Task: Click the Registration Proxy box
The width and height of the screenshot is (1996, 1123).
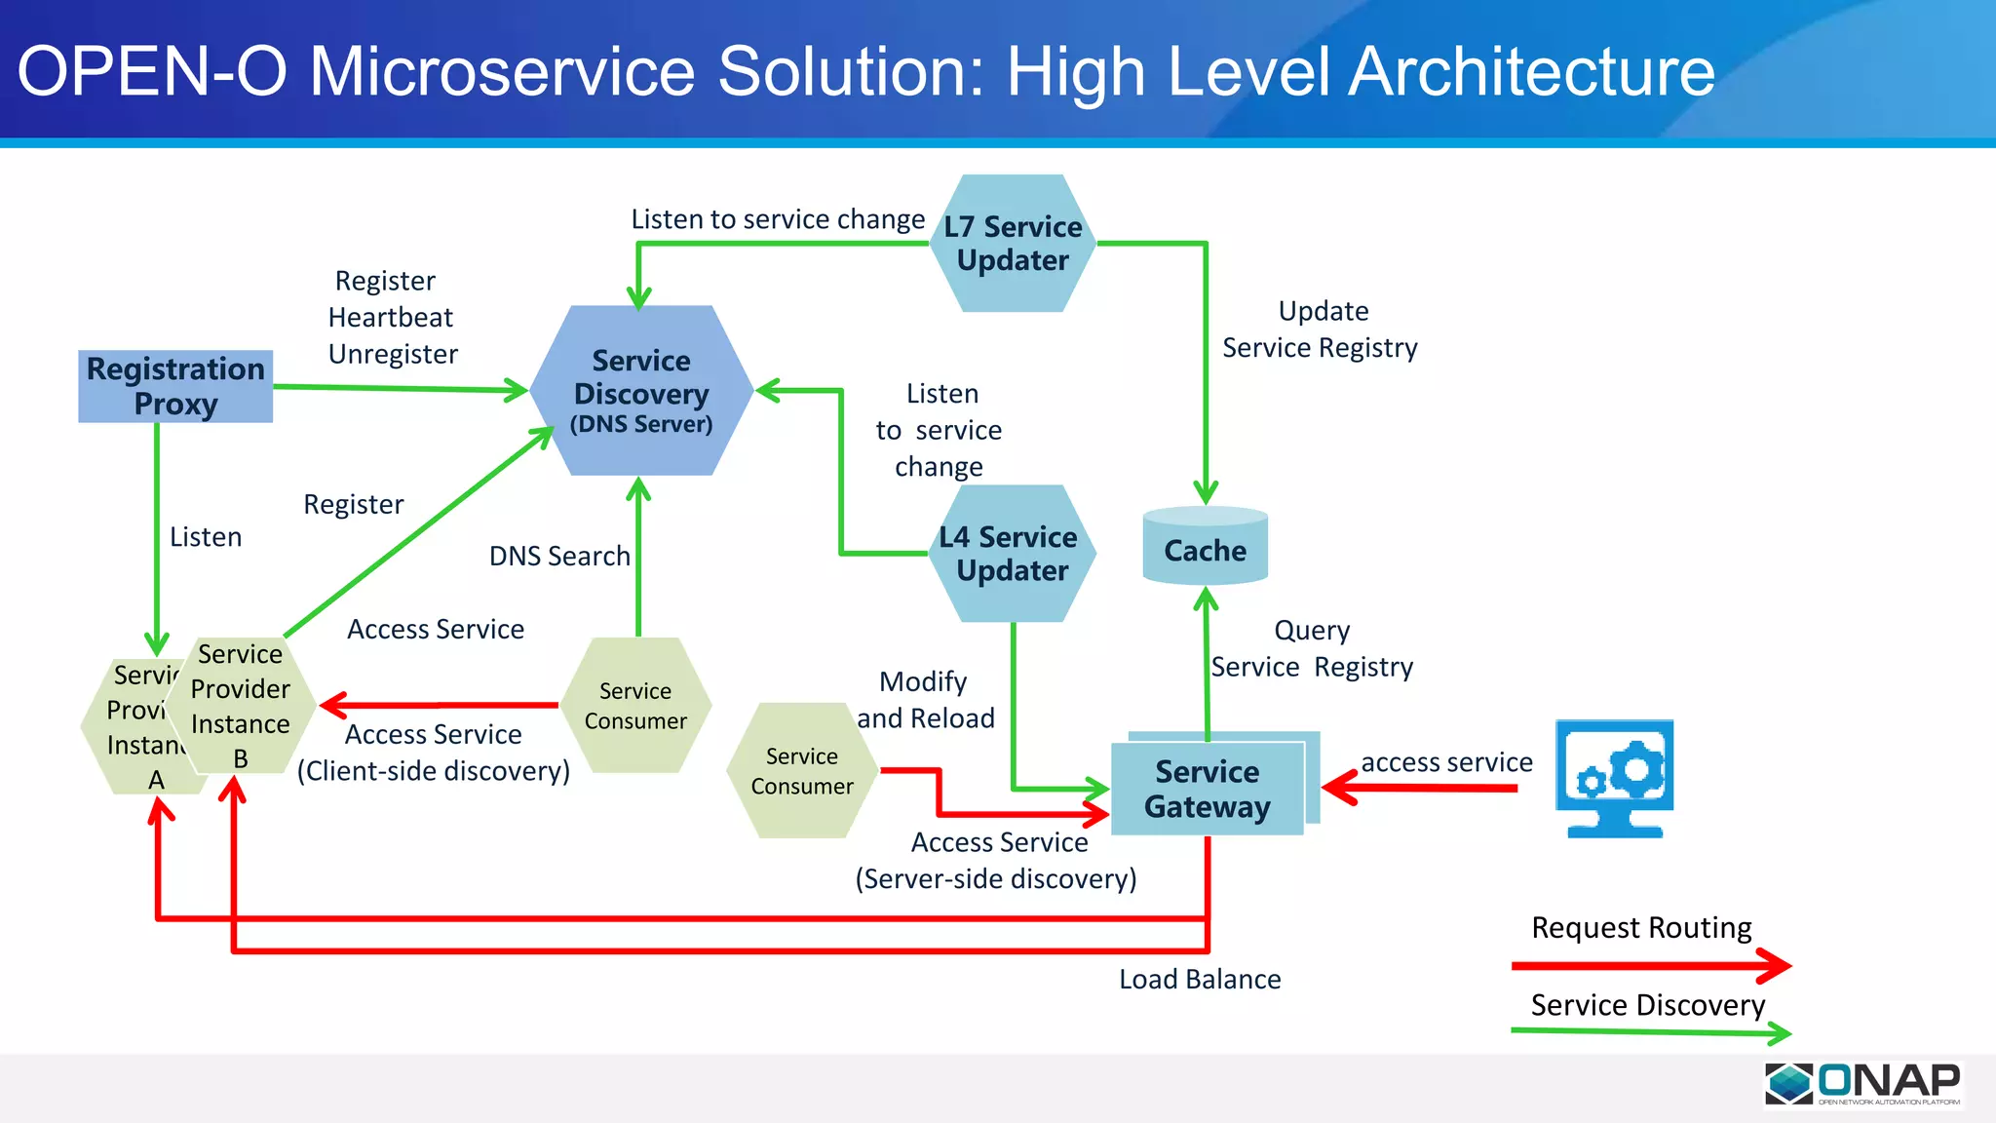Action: coord(175,386)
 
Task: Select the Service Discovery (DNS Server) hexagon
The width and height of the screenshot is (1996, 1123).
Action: coord(641,391)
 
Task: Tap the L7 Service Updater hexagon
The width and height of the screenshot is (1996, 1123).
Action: coord(1013,244)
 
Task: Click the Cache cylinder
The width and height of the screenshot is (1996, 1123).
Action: coord(1205,548)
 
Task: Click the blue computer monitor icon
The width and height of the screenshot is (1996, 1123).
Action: coord(1614,778)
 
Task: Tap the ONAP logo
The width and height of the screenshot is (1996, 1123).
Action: coord(1862,1084)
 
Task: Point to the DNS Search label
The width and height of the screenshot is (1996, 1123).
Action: coord(559,556)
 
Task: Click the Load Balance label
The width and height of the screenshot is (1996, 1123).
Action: coord(1200,979)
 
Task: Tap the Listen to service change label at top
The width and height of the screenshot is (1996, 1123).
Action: coord(778,219)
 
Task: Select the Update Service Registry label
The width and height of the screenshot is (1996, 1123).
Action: coord(1321,329)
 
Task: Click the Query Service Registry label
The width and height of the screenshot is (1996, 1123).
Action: coord(1312,649)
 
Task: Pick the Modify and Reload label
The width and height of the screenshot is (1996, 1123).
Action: coord(925,700)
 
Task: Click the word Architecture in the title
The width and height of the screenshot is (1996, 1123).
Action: coord(1531,72)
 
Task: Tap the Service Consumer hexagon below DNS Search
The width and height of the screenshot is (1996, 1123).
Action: coord(635,706)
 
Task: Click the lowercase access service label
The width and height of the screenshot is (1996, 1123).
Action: coord(1446,762)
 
